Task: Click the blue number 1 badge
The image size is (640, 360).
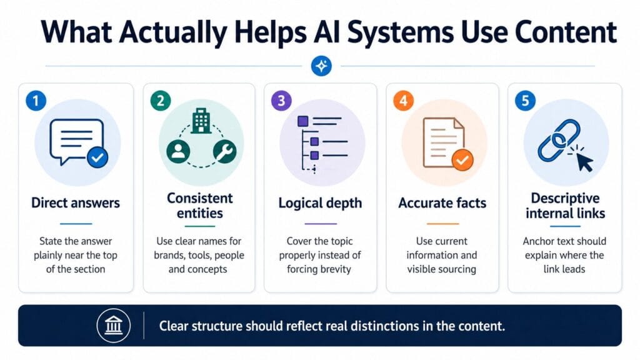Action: coord(36,101)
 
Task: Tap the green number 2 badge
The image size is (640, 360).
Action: coord(161,101)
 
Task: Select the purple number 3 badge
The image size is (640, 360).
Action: coord(282,101)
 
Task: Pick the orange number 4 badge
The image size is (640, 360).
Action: coord(403,101)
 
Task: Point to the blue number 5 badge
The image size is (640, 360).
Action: coord(525,101)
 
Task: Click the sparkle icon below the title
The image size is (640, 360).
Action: coord(321,66)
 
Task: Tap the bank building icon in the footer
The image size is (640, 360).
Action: coord(114,325)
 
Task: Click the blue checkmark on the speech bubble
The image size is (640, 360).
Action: coord(97,157)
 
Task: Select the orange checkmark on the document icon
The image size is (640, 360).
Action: coord(462,160)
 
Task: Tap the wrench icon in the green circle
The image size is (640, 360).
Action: coord(224,151)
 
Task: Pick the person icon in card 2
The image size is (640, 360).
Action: coord(178,151)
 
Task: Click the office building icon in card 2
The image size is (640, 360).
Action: coord(201,121)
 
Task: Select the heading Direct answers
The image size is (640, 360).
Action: coord(76,203)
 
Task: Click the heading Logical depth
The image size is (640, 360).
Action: coord(320,203)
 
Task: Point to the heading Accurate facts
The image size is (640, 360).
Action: coord(442,203)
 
